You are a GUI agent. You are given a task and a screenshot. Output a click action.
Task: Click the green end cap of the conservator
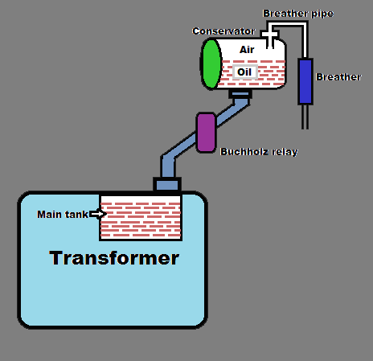[211, 63]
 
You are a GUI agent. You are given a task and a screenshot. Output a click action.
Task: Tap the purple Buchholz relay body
[206, 132]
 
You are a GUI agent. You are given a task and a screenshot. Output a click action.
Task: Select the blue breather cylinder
[305, 80]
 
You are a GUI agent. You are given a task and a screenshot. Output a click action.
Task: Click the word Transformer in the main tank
[113, 258]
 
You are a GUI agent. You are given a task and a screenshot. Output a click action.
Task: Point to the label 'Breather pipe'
[297, 14]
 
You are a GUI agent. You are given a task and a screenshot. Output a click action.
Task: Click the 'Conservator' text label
[223, 31]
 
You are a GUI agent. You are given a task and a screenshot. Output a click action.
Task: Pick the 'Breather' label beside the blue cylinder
[338, 76]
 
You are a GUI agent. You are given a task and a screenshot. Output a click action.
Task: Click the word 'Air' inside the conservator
[247, 50]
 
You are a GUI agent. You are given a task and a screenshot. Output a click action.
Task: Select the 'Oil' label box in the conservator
[245, 72]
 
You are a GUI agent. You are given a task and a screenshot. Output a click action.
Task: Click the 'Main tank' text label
[63, 214]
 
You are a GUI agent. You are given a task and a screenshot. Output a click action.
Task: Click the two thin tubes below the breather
[305, 117]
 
